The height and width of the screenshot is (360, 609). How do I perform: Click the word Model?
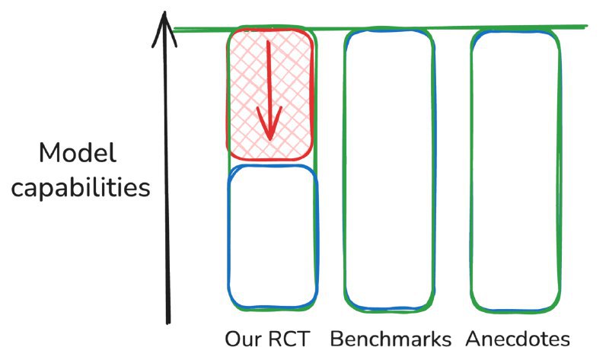pos(78,155)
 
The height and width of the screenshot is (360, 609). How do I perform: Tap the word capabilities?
pos(81,187)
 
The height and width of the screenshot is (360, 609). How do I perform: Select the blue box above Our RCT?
pos(272,236)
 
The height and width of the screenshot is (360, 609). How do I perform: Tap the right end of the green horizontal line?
pos(586,27)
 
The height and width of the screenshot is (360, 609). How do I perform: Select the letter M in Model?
pos(48,155)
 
